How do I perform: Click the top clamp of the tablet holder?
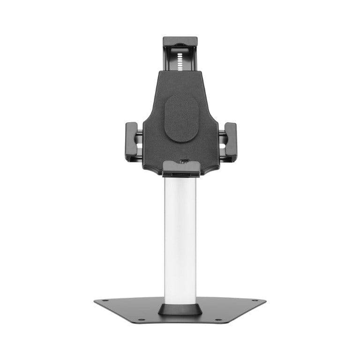pos(180,41)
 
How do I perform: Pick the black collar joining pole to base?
pos(180,308)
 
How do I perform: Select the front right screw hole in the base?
pos(218,320)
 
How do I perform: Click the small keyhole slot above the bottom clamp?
pos(184,161)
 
